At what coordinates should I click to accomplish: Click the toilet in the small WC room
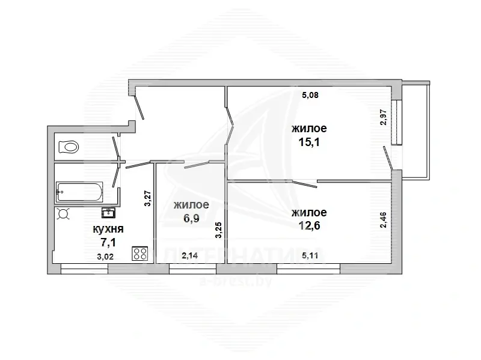coord(68,147)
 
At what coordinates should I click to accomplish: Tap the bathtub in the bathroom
coord(79,192)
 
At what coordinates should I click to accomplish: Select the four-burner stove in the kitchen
coord(140,254)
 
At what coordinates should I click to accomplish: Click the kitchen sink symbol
coord(108,213)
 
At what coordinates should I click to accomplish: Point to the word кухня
coord(108,229)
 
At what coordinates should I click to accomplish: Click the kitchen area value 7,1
coord(108,243)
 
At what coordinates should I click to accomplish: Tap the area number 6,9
coord(191,218)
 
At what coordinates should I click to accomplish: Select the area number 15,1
coord(309,142)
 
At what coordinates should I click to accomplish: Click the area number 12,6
coord(309,225)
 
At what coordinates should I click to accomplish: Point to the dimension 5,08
coord(310,95)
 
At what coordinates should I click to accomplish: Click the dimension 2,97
coord(384,117)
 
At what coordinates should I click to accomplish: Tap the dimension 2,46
coord(384,220)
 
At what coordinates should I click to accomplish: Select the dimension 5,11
coord(310,255)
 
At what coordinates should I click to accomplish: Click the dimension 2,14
coord(189,255)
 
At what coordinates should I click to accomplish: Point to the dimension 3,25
coord(218,230)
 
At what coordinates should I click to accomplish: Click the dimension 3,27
coord(147,198)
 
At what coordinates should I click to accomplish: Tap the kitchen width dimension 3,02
coord(105,257)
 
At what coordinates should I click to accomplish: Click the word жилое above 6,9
coord(191,204)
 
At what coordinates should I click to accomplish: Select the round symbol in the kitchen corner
coord(64,213)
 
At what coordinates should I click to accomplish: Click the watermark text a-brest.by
coord(236,281)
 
